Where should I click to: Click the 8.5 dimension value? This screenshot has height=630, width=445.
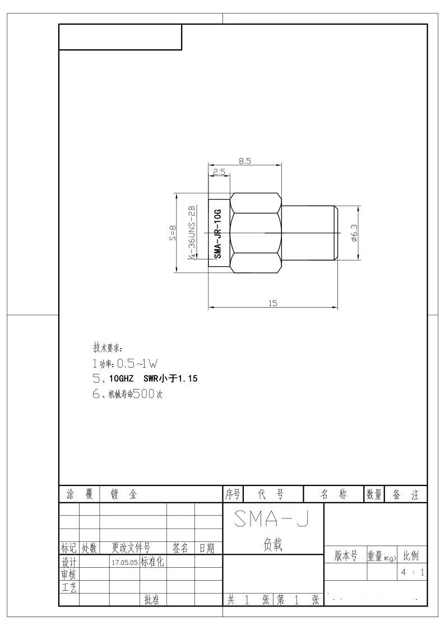pyautogui.click(x=244, y=161)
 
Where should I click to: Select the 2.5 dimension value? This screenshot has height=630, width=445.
pyautogui.click(x=219, y=172)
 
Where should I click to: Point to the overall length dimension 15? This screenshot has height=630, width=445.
pyautogui.click(x=273, y=303)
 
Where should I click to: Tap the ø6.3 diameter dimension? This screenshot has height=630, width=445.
pyautogui.click(x=354, y=233)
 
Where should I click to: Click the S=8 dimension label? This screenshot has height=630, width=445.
pyautogui.click(x=172, y=233)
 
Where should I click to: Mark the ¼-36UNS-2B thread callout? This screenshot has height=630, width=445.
pyautogui.click(x=192, y=233)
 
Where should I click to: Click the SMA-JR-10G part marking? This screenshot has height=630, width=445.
pyautogui.click(x=217, y=233)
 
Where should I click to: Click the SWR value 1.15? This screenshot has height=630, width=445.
pyautogui.click(x=188, y=378)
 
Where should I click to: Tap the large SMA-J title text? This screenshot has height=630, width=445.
pyautogui.click(x=272, y=518)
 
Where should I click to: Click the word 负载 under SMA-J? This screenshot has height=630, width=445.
pyautogui.click(x=273, y=544)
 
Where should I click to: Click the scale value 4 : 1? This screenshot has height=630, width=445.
pyautogui.click(x=412, y=572)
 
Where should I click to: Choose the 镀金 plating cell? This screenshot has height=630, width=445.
pyautogui.click(x=124, y=494)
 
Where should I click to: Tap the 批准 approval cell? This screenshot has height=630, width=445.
pyautogui.click(x=152, y=600)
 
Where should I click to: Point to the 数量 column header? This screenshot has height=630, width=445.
pyautogui.click(x=374, y=494)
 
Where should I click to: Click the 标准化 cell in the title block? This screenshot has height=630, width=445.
pyautogui.click(x=152, y=561)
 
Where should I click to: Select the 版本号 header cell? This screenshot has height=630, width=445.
pyautogui.click(x=346, y=556)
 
